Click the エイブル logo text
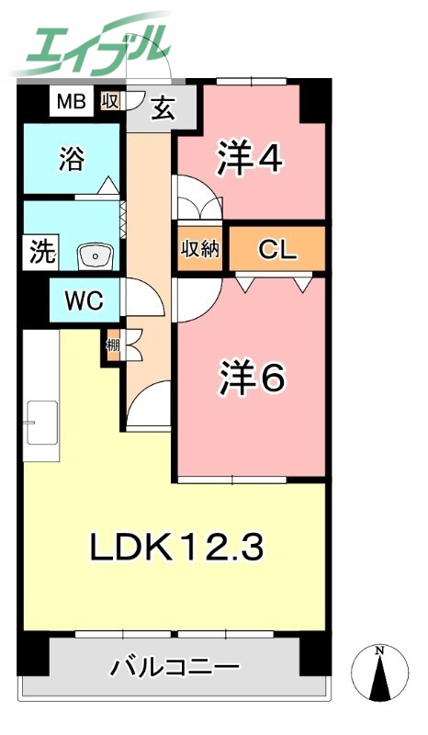click(92, 41)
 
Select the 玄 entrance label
click(163, 108)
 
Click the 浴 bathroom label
click(71, 159)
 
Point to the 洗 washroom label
click(37, 251)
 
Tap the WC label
click(76, 300)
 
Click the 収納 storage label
click(199, 249)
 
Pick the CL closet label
click(276, 249)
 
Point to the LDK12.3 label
click(176, 548)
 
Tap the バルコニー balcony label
click(175, 666)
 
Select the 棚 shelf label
click(112, 346)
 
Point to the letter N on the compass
click(379, 651)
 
